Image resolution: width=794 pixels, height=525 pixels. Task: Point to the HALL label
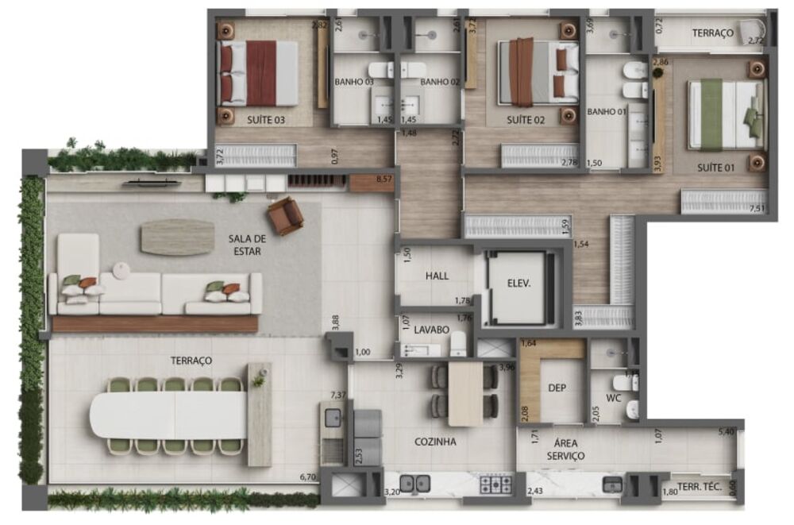(x=437, y=276)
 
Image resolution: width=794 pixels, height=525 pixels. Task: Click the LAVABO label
(x=432, y=329)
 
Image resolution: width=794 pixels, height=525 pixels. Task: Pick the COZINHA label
(x=435, y=442)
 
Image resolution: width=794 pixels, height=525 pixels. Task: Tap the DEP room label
(x=557, y=388)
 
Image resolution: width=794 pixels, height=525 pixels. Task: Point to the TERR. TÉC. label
(x=699, y=488)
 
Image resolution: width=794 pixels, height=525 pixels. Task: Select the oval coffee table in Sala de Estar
(x=177, y=237)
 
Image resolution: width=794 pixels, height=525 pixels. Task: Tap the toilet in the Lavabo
(x=458, y=344)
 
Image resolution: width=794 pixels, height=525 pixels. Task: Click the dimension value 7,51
(x=755, y=208)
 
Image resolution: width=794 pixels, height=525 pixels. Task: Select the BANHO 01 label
(x=607, y=112)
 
